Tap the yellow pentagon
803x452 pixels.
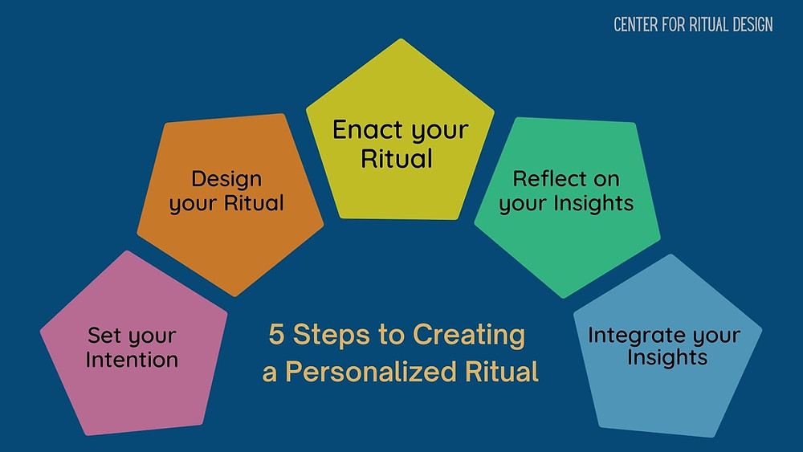tap(400, 134)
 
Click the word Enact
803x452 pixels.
tap(368, 129)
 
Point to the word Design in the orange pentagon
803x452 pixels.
tap(226, 179)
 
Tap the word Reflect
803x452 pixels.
tap(548, 179)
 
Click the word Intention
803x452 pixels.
tap(132, 360)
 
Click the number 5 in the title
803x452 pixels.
tap(276, 334)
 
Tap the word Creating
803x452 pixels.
tap(469, 336)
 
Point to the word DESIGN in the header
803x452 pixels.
tap(752, 24)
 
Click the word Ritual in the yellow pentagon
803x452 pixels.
tap(397, 158)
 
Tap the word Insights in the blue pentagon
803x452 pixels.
tap(667, 357)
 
